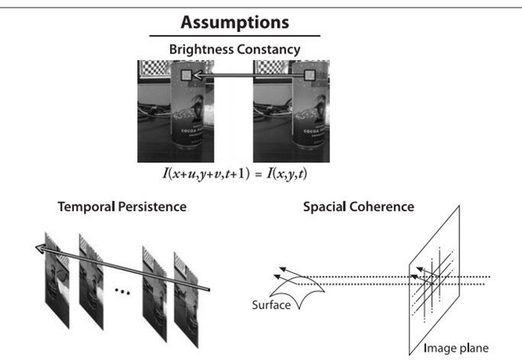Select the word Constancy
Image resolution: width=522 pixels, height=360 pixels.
[x=273, y=50]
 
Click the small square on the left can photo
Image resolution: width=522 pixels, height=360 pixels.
[x=185, y=76]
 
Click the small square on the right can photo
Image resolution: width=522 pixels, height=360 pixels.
[x=311, y=76]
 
